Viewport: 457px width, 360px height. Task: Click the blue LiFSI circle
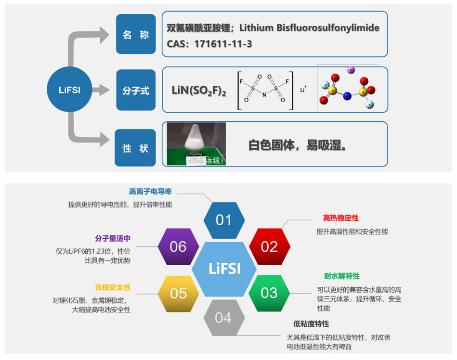coord(69,90)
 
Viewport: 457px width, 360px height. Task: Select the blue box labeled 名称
coord(136,35)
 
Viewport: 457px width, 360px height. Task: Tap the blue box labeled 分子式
coord(136,90)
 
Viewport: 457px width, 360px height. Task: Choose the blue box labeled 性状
coord(135,148)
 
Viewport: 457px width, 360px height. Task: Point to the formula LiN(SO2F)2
coord(198,90)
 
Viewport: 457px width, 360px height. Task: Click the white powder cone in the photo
coord(197,138)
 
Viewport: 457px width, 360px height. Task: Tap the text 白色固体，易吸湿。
coord(298,145)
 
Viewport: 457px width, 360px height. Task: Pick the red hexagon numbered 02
coord(269,247)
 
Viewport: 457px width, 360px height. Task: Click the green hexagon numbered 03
coord(269,293)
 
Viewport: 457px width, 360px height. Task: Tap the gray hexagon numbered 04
coord(223,318)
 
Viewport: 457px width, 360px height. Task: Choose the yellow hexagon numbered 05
coord(178,293)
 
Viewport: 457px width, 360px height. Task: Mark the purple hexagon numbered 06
coord(178,247)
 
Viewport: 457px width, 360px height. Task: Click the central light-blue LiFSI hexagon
coord(224,269)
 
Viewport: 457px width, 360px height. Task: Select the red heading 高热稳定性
coord(340,219)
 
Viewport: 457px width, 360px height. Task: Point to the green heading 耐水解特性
coord(341,276)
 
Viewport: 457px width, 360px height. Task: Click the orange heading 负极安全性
coord(113,287)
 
